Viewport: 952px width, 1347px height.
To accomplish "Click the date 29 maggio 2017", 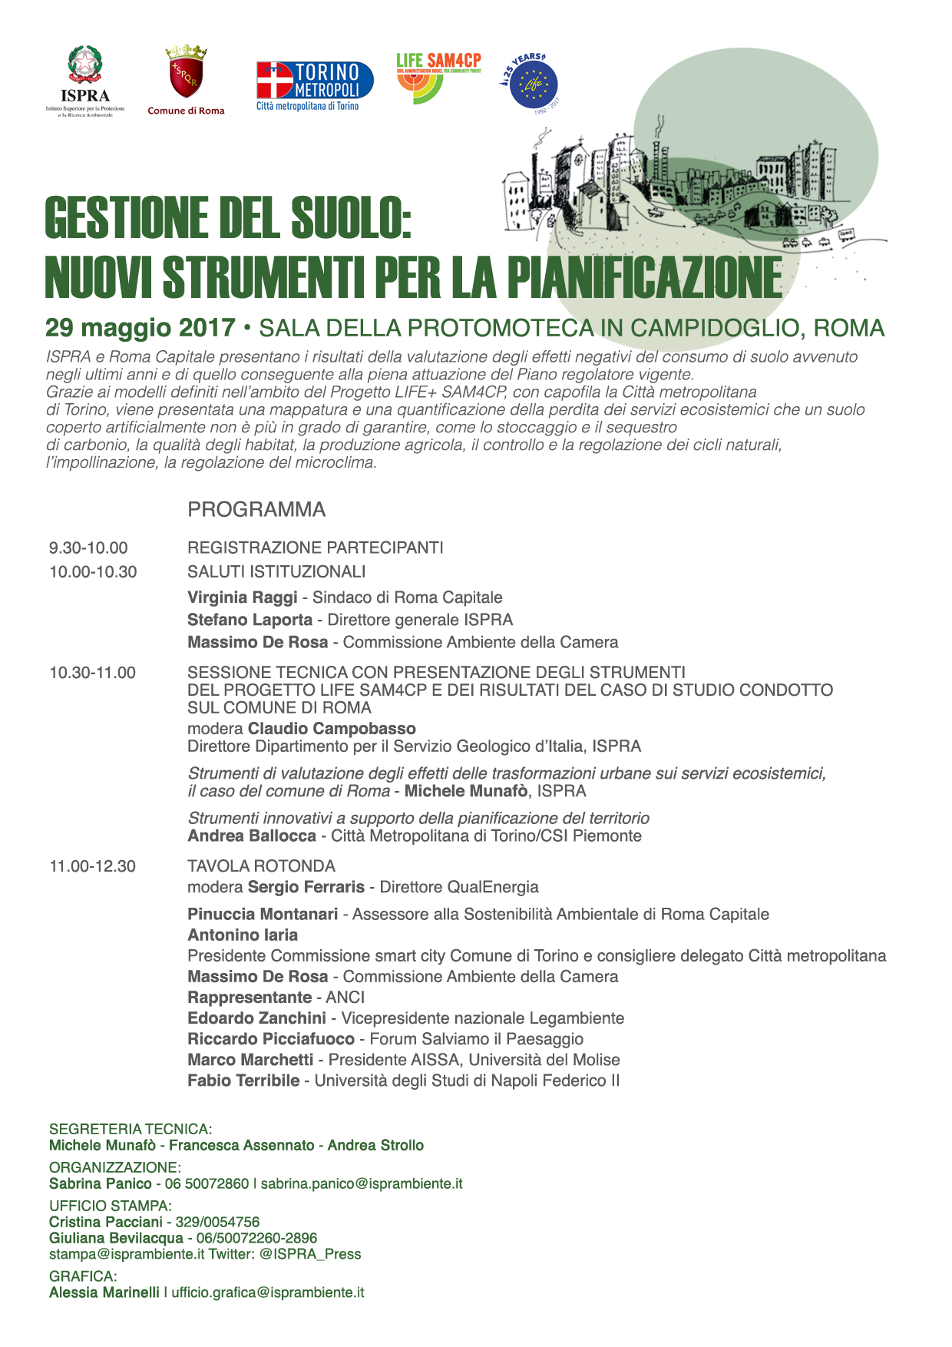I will [140, 328].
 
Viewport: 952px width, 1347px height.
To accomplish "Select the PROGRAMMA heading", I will [256, 510].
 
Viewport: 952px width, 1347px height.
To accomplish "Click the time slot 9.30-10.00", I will [88, 548].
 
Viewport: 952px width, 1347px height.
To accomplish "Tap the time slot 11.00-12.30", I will [92, 866].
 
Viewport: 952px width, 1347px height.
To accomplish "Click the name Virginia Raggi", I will [242, 597].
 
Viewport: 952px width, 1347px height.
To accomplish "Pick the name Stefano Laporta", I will [250, 620].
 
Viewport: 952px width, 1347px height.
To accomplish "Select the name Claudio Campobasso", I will [332, 729].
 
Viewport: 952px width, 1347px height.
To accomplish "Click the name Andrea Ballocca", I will [252, 836].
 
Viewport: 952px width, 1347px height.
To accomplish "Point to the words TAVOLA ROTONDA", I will [261, 866].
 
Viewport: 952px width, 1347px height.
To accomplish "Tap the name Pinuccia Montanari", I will [263, 914].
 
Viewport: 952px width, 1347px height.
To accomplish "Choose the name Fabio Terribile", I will [243, 1081].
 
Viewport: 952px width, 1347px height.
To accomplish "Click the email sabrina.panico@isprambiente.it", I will [362, 1183].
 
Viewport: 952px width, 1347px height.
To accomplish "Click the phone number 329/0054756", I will [217, 1222].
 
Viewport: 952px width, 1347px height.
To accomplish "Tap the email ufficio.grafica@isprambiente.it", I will [267, 1292].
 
